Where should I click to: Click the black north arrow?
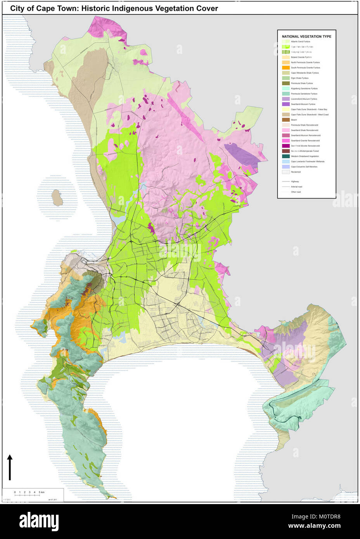coord(10,467)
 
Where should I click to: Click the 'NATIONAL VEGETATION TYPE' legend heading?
coord(306,36)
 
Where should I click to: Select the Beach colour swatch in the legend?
coord(286,120)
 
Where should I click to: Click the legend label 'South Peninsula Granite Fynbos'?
coord(305,67)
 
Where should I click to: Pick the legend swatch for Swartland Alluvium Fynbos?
coord(286,104)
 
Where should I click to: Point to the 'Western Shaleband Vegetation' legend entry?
coord(305,156)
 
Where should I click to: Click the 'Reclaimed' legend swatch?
coord(286,172)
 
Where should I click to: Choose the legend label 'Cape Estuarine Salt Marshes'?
coord(304,167)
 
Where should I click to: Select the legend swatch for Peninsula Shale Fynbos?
coord(286,83)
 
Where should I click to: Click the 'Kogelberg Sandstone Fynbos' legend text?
coord(304,88)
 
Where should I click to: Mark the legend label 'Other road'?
coord(296,192)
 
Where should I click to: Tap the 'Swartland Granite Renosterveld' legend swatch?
coord(286,141)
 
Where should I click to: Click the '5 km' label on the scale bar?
coord(42,492)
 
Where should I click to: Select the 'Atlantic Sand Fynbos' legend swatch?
coord(286,41)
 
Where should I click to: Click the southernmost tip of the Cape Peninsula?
coord(115,497)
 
